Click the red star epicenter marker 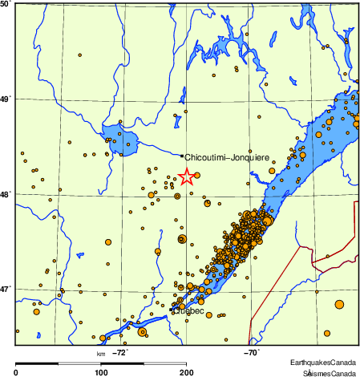point(186,176)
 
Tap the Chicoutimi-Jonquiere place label point(227,158)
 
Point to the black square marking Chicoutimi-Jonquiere point(182,156)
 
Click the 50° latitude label point(5,5)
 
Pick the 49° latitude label point(5,99)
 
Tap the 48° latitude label point(5,194)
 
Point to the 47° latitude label point(5,289)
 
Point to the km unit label point(101,352)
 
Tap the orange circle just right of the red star point(197,175)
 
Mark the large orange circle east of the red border point(339,303)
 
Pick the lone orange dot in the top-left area point(80,55)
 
